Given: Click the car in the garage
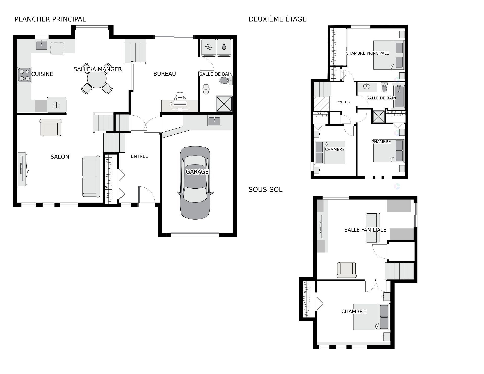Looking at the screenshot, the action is [x=195, y=183].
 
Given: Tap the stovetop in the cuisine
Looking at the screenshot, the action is [x=25, y=75].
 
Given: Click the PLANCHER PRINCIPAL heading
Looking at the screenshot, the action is [x=50, y=19].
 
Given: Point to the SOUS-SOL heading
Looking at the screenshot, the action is [x=265, y=190].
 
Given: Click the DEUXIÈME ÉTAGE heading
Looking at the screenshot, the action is [x=278, y=19].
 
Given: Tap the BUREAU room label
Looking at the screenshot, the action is [x=165, y=74].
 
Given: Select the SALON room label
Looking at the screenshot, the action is [x=60, y=157].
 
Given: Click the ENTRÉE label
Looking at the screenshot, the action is [x=139, y=156].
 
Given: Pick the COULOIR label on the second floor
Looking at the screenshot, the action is [x=343, y=102].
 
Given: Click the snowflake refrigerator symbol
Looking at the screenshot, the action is [x=57, y=105].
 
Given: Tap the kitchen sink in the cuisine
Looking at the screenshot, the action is [x=42, y=45].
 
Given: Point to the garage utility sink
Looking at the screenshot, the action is [x=214, y=120].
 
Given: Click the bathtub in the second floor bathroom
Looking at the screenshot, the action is [x=399, y=97].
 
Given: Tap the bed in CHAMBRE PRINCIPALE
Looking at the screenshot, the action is [x=388, y=55].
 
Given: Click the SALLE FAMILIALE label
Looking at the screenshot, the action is [x=365, y=230].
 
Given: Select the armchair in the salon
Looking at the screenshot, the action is [x=51, y=128].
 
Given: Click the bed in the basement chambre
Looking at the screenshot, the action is [x=371, y=317].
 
